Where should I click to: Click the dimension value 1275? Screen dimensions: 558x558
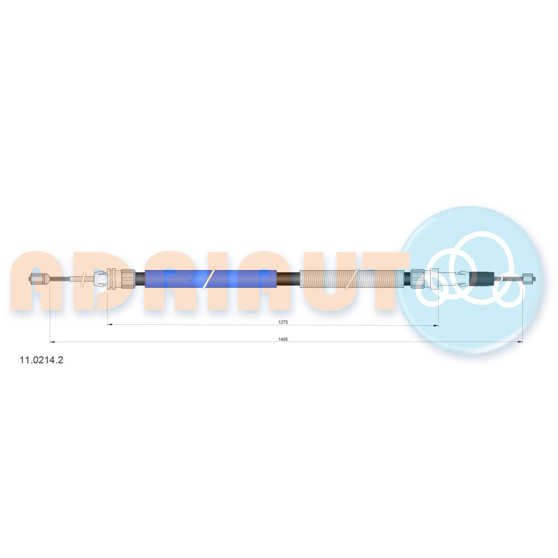point(283,322)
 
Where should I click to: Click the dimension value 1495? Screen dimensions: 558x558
point(283,339)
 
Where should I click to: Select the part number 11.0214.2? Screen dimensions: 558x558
point(41,360)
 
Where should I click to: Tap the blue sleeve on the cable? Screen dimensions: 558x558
point(211,278)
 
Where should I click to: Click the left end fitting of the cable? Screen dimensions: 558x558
point(38,278)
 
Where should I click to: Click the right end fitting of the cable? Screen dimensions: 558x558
point(528,278)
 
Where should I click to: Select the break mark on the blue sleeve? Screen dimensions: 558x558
point(209,278)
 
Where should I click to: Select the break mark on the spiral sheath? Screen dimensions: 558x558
point(353,278)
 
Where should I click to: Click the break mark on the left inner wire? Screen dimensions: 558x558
point(84,278)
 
